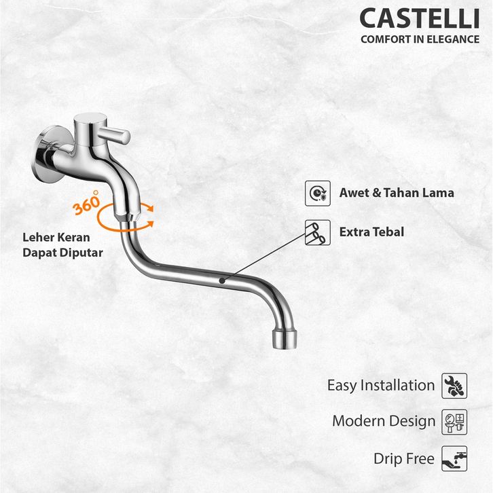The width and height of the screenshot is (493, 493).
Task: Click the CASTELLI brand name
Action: [x=419, y=18]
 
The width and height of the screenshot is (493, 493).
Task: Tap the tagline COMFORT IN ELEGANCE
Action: [x=420, y=39]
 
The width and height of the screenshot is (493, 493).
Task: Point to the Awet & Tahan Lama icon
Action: [x=317, y=193]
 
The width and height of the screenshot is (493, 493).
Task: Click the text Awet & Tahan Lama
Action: [x=397, y=193]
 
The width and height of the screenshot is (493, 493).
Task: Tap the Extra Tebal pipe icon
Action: [x=317, y=232]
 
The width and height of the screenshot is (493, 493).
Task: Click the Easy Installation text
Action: [x=380, y=385]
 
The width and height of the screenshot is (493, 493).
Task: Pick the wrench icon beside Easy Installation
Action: [x=454, y=385]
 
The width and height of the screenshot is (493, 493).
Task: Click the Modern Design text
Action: [x=383, y=421]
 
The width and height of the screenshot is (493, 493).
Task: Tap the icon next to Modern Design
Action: [x=454, y=421]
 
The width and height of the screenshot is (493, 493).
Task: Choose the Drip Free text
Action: [x=403, y=458]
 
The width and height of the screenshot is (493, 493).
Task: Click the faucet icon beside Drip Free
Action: [x=454, y=458]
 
